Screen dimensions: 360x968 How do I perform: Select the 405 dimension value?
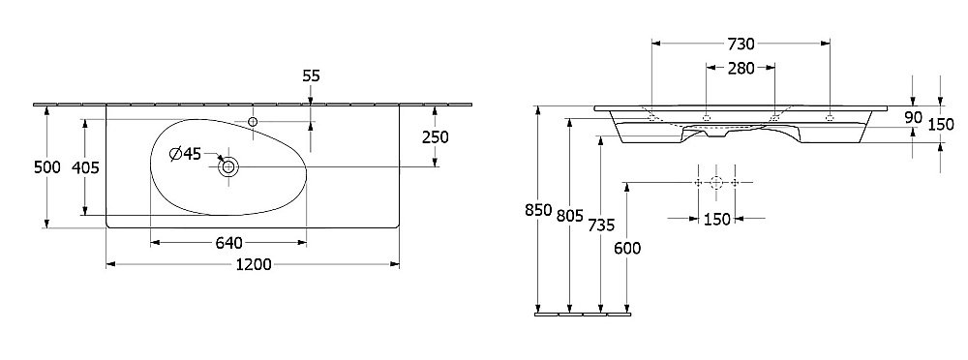coord(87,166)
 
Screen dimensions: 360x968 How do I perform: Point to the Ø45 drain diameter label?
coord(185,154)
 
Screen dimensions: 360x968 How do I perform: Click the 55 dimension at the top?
coord(311,75)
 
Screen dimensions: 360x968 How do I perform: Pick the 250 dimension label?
coord(435,136)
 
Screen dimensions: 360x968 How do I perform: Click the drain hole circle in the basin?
coord(228,166)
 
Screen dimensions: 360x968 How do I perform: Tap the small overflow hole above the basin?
coord(254,121)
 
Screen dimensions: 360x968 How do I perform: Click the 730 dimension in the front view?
coord(741,44)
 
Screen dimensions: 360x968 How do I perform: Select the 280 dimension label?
coord(741,68)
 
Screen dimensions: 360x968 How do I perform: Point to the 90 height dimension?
coord(912,117)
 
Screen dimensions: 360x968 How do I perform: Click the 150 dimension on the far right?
coord(941,123)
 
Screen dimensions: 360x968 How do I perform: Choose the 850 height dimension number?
coord(539,210)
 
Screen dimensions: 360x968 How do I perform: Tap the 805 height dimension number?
coord(571,217)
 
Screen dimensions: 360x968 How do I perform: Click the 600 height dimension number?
coord(627,248)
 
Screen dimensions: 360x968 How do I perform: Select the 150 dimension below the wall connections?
coord(716,220)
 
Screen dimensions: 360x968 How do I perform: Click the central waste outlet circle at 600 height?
coord(716,182)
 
